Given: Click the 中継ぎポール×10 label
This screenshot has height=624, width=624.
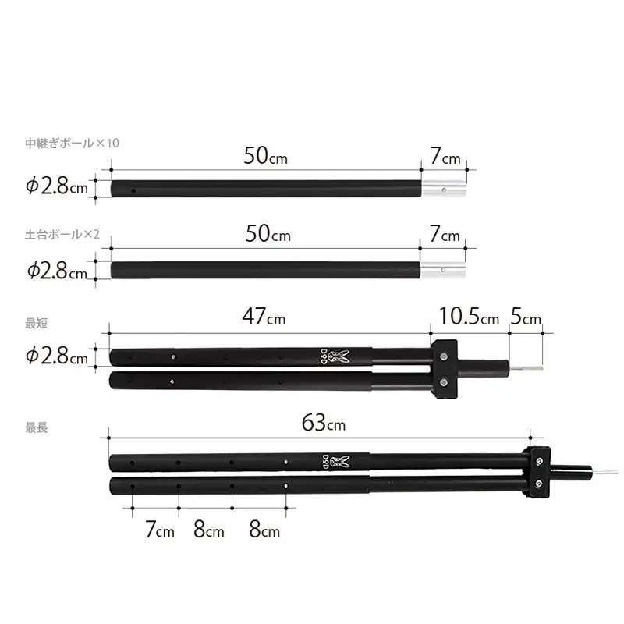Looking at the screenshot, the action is coord(72,143).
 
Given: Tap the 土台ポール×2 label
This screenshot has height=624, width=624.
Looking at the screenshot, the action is coord(62,235).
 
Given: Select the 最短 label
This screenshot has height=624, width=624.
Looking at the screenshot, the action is coord(36,323).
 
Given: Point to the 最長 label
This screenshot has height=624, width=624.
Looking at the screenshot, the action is coord(36,427).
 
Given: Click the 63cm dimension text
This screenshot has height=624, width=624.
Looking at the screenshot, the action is coord(323,423).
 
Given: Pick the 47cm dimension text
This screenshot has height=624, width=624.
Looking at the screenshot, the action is coord(264,317).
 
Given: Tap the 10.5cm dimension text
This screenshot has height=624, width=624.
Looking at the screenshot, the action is coord(469,317).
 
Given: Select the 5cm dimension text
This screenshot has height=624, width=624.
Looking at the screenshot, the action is coord(525,317).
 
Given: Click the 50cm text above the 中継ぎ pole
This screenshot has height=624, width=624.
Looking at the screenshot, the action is coord(265,156).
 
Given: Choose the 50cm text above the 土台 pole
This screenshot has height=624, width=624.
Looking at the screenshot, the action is coord(268,233).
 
